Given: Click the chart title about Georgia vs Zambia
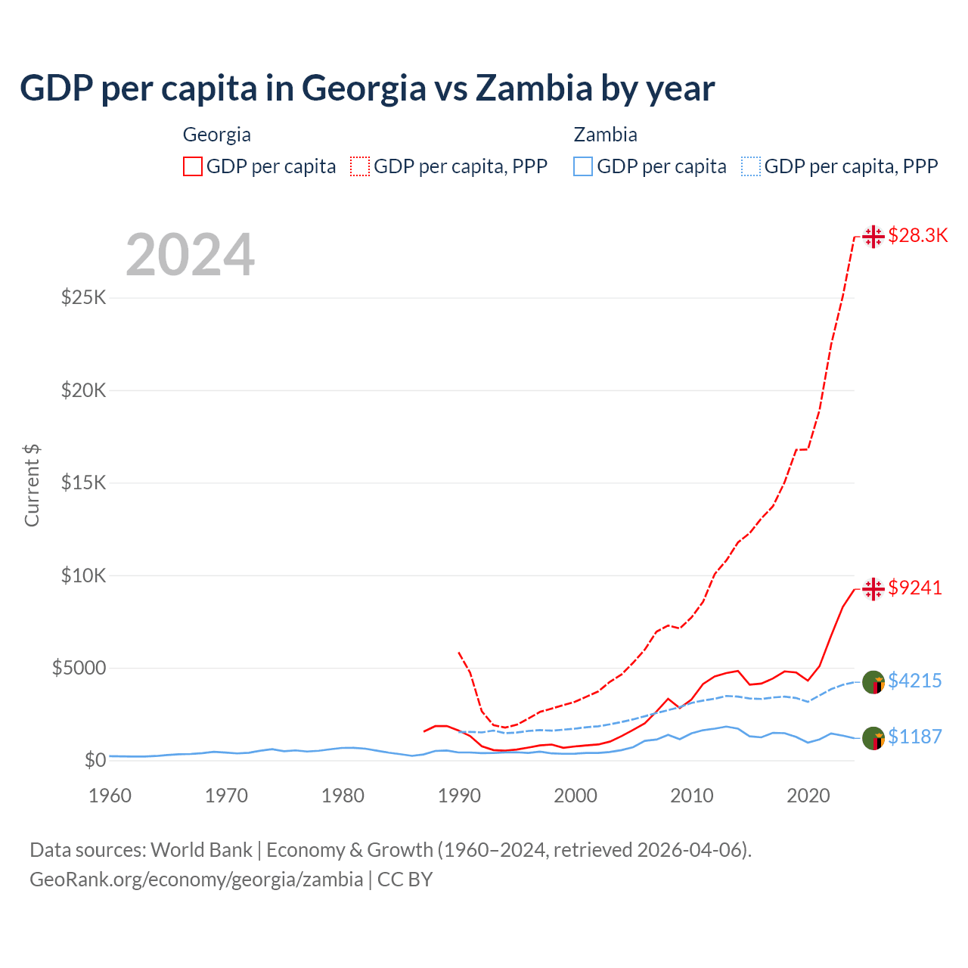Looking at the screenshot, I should pyautogui.click(x=367, y=88).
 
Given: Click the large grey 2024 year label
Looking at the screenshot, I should pyautogui.click(x=190, y=255).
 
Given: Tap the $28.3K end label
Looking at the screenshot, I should pyautogui.click(x=917, y=235).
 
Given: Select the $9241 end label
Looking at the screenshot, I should pyautogui.click(x=914, y=588).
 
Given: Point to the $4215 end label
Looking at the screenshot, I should pyautogui.click(x=914, y=681).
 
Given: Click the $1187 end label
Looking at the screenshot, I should pyautogui.click(x=914, y=737).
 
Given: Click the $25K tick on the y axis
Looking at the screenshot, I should pyautogui.click(x=84, y=297).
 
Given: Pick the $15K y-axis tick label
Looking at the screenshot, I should pyautogui.click(x=84, y=482).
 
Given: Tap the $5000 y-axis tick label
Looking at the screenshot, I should pyautogui.click(x=79, y=668).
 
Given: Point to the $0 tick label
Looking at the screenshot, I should pyautogui.click(x=95, y=760).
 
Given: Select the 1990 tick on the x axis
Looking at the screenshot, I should pyautogui.click(x=459, y=796).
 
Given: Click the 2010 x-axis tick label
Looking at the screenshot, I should pyautogui.click(x=692, y=796).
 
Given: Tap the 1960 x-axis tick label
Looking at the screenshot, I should pyautogui.click(x=110, y=796).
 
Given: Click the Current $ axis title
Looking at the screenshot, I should pyautogui.click(x=32, y=486).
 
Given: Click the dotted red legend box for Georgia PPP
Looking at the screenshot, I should pyautogui.click(x=360, y=166).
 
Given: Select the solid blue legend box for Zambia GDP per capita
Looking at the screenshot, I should pyautogui.click(x=583, y=166).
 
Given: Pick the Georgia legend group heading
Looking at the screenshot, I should pyautogui.click(x=217, y=135).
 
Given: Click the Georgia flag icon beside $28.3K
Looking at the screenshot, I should pyautogui.click(x=873, y=236).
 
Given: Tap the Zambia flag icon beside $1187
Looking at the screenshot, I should pyautogui.click(x=873, y=738).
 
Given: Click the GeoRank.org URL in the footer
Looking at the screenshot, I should pyautogui.click(x=197, y=880).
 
